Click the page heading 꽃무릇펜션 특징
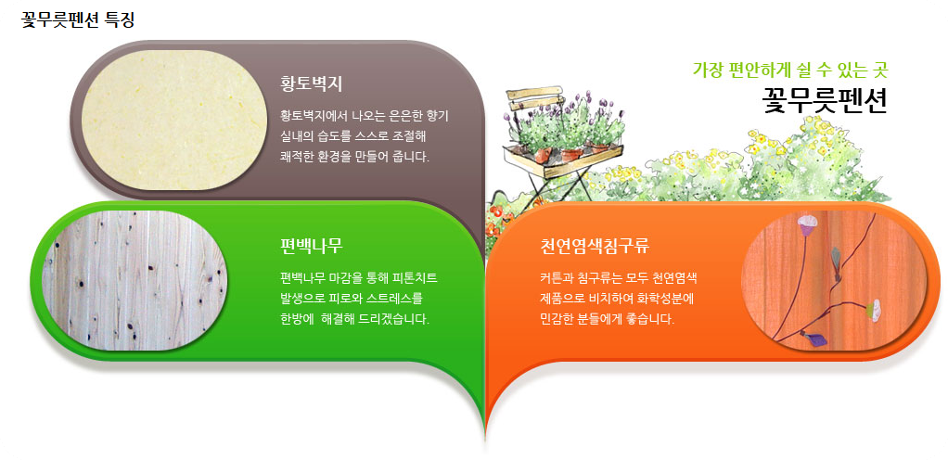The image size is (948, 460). coord(78,19)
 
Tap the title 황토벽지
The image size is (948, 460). coord(311,83)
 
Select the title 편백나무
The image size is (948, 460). coord(311,246)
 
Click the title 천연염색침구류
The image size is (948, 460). coord(595,246)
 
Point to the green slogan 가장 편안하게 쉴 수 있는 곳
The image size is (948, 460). coord(790,70)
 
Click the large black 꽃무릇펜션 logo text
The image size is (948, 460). coord(825,99)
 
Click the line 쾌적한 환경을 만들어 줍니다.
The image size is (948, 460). coord(354,156)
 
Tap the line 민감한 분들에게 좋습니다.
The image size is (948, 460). coord(606,318)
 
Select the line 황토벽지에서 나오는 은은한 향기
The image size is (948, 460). coord(364,116)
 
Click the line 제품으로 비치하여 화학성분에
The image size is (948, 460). coord(617,298)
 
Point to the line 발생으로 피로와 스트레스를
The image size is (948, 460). coord(352,298)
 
